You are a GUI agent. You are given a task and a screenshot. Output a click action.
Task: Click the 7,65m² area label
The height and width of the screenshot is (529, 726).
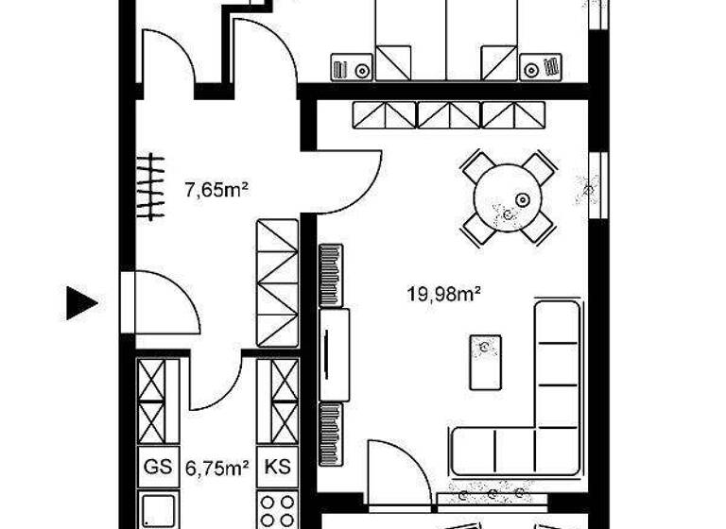[216, 190]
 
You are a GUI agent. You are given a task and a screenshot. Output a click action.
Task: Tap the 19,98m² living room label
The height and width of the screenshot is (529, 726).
[444, 295]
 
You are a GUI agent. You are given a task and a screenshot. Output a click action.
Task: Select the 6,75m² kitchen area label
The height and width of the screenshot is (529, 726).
[216, 467]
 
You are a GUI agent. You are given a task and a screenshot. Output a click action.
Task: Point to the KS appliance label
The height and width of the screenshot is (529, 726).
[277, 467]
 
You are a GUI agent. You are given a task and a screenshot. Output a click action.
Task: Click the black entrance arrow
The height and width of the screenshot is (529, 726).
[81, 303]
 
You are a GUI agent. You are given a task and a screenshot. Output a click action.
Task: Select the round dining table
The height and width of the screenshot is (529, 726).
[508, 197]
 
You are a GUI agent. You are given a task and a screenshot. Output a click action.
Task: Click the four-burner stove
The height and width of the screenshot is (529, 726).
[278, 510]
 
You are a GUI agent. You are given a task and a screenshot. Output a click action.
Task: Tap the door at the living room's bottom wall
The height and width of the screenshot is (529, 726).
[397, 468]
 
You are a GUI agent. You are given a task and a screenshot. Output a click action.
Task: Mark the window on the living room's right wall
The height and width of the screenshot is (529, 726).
[596, 184]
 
